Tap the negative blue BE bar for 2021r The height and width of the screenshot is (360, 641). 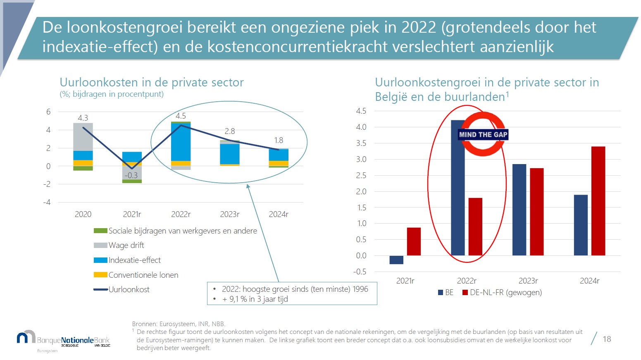(396, 260)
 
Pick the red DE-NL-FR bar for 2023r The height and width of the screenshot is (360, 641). (536, 212)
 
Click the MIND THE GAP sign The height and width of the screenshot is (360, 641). (483, 134)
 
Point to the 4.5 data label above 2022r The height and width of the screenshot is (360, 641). (181, 116)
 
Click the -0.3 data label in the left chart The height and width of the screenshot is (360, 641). (131, 175)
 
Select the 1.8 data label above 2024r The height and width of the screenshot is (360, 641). (279, 141)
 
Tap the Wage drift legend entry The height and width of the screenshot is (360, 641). (126, 246)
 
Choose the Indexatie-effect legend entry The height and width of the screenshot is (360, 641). (134, 260)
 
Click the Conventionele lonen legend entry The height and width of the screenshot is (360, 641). (143, 275)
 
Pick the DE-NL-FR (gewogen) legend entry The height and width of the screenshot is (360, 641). (505, 293)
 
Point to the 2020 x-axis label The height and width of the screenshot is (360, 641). (83, 214)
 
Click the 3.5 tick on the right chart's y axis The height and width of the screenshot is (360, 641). (361, 143)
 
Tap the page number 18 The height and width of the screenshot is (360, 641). (606, 339)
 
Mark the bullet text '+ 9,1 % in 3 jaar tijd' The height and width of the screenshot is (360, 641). (255, 299)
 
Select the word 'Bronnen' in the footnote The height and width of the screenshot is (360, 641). (144, 324)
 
